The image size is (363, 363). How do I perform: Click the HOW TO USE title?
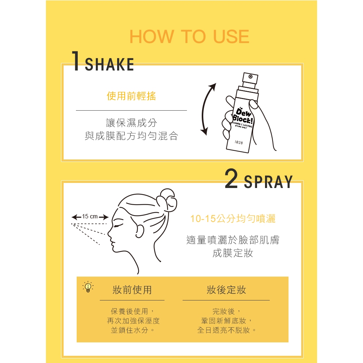pyautogui.click(x=189, y=37)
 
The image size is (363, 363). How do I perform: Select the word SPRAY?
pyautogui.click(x=268, y=182)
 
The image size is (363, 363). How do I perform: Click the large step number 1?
pyautogui.click(x=76, y=61)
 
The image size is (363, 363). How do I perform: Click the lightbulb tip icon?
pyautogui.click(x=88, y=287)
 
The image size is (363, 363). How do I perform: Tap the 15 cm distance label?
pyautogui.click(x=90, y=217)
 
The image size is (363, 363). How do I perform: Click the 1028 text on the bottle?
pyautogui.click(x=239, y=142)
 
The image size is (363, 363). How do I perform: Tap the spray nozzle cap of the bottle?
pyautogui.click(x=250, y=80)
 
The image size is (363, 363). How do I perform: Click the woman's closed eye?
pyautogui.click(x=118, y=226)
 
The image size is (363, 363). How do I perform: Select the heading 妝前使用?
pyautogui.click(x=132, y=290)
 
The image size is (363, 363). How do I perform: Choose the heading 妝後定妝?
pyautogui.click(x=226, y=290)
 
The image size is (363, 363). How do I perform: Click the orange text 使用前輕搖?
pyautogui.click(x=131, y=96)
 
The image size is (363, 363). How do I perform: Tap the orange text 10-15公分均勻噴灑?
pyautogui.click(x=233, y=218)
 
